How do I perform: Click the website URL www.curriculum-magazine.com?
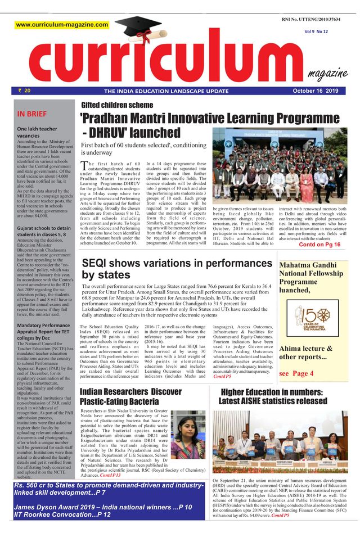click(x=62, y=25)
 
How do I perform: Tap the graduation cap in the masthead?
click(x=137, y=29)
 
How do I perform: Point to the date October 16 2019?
click(x=316, y=91)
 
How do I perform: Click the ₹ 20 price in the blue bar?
click(x=25, y=91)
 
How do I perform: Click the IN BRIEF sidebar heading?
click(x=32, y=114)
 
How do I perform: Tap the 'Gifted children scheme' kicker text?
click(x=116, y=105)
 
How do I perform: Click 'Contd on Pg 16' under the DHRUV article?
click(x=319, y=245)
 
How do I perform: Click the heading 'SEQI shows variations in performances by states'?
click(x=175, y=269)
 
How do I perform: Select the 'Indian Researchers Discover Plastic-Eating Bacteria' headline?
click(x=130, y=396)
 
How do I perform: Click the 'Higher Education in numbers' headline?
click(x=272, y=396)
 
